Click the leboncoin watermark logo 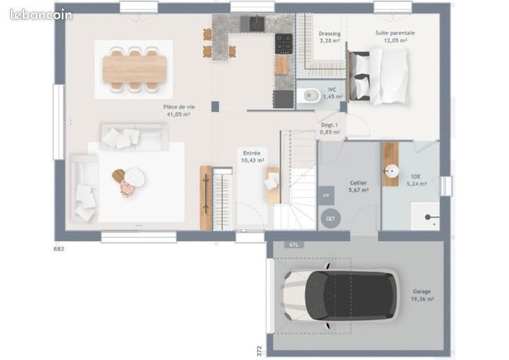click(41, 14)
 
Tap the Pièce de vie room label click(179, 106)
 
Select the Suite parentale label click(395, 33)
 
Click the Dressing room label click(330, 34)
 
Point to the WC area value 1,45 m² click(333, 96)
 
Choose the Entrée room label click(251, 153)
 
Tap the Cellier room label click(358, 182)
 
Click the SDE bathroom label click(416, 177)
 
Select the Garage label click(422, 291)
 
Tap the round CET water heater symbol click(330, 218)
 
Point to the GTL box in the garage click(294, 244)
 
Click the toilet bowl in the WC click(309, 96)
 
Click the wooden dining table click(134, 68)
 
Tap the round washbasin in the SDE click(389, 170)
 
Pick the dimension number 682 click(59, 249)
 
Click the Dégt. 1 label click(330, 128)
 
